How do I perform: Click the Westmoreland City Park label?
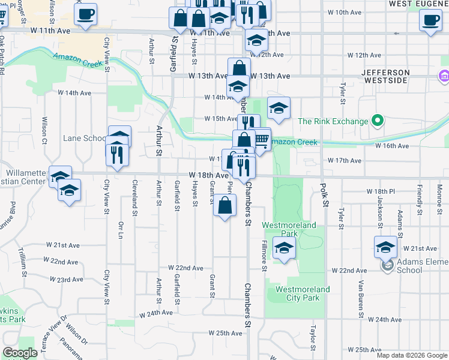(x=303, y=293)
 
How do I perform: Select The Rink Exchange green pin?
(x=378, y=121)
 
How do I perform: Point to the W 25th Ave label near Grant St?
(x=225, y=332)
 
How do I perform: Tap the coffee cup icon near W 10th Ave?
(x=430, y=20)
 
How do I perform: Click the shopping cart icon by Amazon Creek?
(x=261, y=139)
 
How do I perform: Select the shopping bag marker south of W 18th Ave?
(x=224, y=206)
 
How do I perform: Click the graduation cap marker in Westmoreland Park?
(x=284, y=247)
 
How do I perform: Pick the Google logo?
(x=20, y=353)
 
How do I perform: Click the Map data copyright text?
(x=412, y=355)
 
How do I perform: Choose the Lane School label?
(x=85, y=139)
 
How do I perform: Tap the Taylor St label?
(x=313, y=338)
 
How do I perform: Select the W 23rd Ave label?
(x=67, y=280)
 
